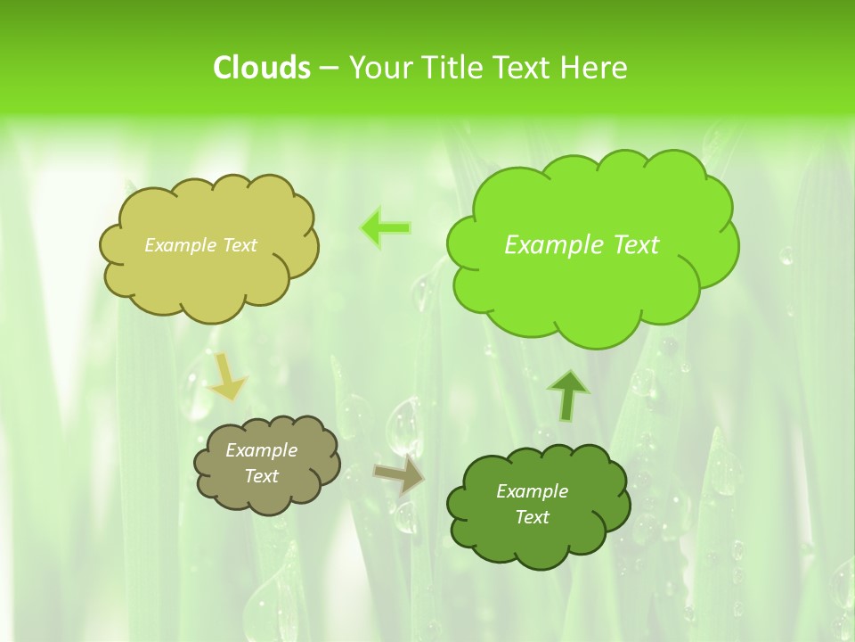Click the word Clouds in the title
pyautogui.click(x=261, y=68)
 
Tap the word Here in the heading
pyautogui.click(x=593, y=68)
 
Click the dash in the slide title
pyautogui.click(x=328, y=69)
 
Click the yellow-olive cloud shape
pyautogui.click(x=209, y=276)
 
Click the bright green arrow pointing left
pyautogui.click(x=386, y=228)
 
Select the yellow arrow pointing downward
pyautogui.click(x=227, y=378)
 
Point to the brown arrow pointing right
pyautogui.click(x=400, y=475)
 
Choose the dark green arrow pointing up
pyautogui.click(x=568, y=394)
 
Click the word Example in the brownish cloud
pyautogui.click(x=262, y=450)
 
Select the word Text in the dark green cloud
pyautogui.click(x=532, y=517)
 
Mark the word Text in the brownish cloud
pyautogui.click(x=262, y=476)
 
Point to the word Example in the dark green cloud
pyautogui.click(x=532, y=491)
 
